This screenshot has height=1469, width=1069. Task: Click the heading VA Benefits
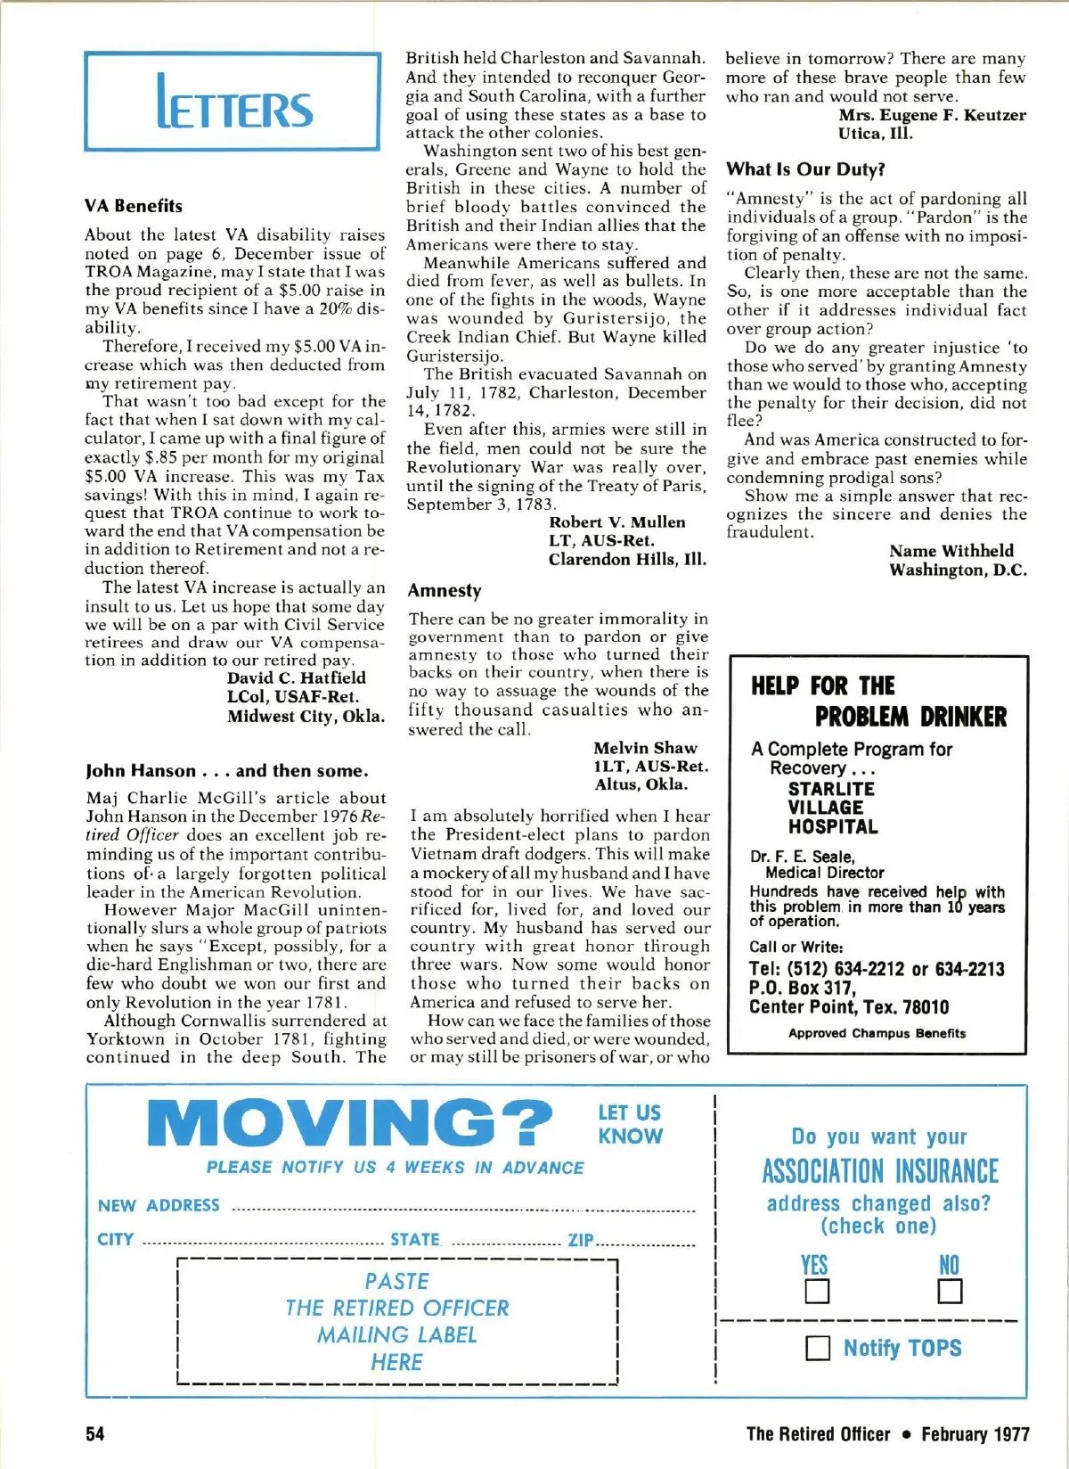[134, 206]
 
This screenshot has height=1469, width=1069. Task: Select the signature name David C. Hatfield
[296, 677]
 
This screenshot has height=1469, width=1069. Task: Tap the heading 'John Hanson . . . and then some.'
[227, 771]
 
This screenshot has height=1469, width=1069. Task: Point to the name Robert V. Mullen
[616, 522]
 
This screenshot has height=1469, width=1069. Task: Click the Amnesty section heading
[445, 590]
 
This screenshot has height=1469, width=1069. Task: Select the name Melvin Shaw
[645, 748]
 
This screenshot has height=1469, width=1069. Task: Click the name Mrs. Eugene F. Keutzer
[932, 115]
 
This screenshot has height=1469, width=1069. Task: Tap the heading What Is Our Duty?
[805, 169]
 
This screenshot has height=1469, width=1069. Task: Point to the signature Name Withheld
[951, 551]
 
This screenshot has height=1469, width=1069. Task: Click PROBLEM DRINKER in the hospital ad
[910, 718]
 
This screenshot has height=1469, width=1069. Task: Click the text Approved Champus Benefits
[877, 1033]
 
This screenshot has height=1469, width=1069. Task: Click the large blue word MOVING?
[350, 1123]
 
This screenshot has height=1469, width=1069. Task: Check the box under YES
[817, 1292]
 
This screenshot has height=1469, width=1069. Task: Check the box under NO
[950, 1292]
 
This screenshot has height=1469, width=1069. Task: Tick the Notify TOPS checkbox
[817, 1348]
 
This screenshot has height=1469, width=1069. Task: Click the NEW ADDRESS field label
[159, 1206]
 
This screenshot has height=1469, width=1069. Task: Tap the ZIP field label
[580, 1240]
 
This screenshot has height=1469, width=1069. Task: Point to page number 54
[94, 1433]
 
